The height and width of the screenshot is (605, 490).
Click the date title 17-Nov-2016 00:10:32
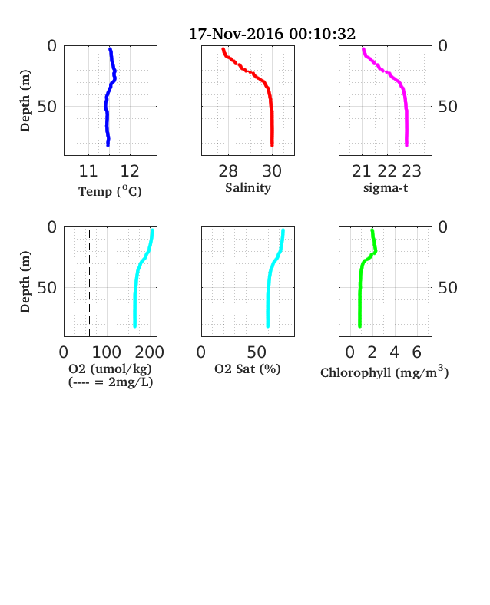coord(272,34)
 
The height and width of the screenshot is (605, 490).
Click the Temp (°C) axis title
coord(110,191)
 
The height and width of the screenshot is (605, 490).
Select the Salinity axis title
coord(248,188)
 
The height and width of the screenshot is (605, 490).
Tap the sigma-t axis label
coord(386,188)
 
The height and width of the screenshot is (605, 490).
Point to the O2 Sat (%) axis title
coord(247,369)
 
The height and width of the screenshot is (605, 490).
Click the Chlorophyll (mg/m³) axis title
coord(385,372)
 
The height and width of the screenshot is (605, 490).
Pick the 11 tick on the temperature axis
coord(88,171)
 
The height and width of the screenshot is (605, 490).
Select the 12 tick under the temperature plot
coord(130,171)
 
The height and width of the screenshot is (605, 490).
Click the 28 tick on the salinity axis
coord(228,171)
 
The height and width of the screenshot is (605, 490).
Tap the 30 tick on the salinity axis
coord(272,171)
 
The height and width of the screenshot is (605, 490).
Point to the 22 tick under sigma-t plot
coord(386,171)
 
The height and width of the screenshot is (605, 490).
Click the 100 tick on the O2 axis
coord(107,352)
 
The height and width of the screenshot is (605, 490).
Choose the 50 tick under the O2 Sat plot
coord(257,352)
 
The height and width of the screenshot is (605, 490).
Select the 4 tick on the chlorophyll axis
coord(394,352)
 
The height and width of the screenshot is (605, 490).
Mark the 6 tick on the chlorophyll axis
coord(416,352)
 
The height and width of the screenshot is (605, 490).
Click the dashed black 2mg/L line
coord(90,283)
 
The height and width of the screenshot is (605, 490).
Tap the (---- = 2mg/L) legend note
coord(111,382)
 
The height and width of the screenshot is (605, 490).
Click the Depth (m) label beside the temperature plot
coord(25,101)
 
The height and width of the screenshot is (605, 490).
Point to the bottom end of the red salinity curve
coord(272,145)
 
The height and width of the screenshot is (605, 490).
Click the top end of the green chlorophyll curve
coord(372,231)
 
